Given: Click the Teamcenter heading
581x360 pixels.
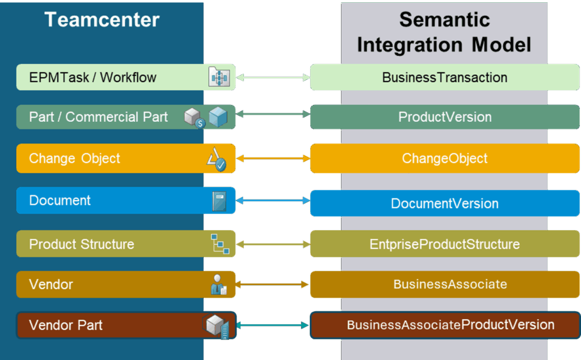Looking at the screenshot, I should (102, 20).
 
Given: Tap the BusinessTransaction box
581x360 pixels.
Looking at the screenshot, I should (445, 77).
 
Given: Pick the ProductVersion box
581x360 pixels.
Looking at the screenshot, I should (445, 117).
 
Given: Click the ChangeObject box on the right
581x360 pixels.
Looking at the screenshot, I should (445, 158).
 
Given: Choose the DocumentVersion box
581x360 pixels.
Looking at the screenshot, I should (445, 203).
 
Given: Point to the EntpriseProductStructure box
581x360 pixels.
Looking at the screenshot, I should (445, 244).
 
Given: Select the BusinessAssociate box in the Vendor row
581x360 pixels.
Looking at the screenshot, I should (445, 284).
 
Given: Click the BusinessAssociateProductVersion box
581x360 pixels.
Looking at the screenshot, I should (445, 325).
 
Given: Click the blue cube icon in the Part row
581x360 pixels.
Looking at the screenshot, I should (218, 117).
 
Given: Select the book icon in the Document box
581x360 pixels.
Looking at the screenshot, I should (219, 202).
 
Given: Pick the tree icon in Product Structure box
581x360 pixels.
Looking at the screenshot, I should (220, 243).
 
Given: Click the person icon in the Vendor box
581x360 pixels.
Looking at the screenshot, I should (218, 285).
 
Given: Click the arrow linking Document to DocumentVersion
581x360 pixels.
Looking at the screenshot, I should (273, 201).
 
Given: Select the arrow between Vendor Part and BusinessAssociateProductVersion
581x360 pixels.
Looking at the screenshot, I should (273, 325).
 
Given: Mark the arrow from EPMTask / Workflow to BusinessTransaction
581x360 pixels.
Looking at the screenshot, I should (273, 78).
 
